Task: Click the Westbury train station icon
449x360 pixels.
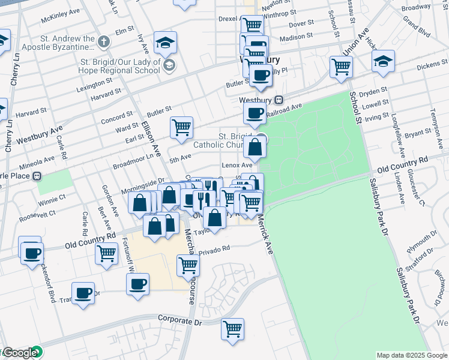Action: [279, 100]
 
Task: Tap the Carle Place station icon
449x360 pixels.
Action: [37, 176]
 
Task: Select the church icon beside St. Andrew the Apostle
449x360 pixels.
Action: [104, 41]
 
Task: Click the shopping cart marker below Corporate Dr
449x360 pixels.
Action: [232, 328]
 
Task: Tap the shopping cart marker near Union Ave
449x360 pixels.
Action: [341, 67]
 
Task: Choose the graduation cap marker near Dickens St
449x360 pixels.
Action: [382, 61]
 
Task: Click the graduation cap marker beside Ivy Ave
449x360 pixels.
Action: [165, 42]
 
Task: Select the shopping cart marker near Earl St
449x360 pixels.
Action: [181, 127]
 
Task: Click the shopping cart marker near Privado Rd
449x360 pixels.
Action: [188, 264]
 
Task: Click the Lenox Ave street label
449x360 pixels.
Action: [238, 164]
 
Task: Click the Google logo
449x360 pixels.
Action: [19, 353]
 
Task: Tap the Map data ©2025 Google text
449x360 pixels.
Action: [411, 355]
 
